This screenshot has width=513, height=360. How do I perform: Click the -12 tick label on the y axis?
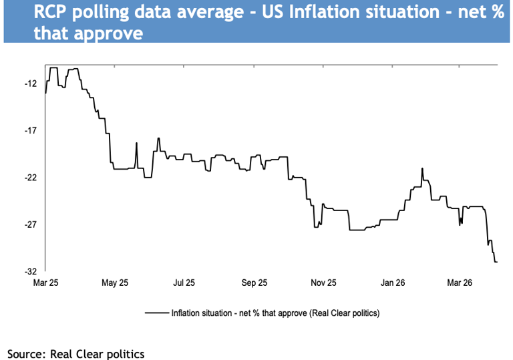(30, 84)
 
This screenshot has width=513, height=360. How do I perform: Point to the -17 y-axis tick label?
(30, 131)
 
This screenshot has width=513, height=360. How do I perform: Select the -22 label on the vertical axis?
(30, 178)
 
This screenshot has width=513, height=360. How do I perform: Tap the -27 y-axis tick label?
(30, 224)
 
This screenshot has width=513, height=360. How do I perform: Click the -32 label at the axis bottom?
(30, 271)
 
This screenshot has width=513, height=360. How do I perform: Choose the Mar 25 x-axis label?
(46, 283)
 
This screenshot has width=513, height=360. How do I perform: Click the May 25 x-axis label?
(115, 283)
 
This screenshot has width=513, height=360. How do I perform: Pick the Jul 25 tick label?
(184, 283)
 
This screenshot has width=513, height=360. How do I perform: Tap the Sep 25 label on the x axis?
(254, 283)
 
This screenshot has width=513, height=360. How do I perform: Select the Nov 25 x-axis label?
(323, 283)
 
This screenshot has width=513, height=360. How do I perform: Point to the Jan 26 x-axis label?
(393, 283)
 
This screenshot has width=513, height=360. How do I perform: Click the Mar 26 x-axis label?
(461, 283)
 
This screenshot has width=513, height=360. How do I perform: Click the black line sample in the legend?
(156, 313)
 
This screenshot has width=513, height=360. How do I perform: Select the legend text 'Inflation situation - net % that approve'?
(275, 313)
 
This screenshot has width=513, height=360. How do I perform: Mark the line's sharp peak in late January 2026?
(422, 168)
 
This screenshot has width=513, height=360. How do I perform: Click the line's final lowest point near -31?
(496, 262)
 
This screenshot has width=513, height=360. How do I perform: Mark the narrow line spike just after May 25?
(136, 143)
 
